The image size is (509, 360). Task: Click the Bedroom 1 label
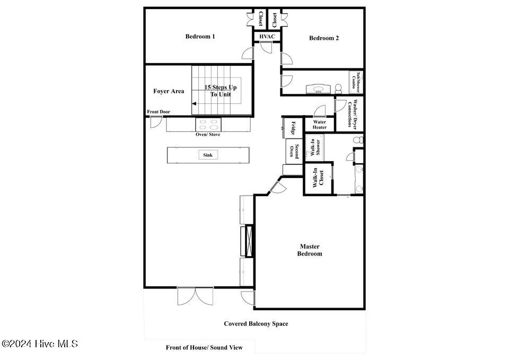click(x=200, y=37)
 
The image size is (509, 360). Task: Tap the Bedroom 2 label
click(x=324, y=38)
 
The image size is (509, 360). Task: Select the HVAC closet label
click(x=267, y=37)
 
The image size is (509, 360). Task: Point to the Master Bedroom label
click(x=310, y=250)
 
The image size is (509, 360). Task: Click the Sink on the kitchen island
click(x=208, y=155)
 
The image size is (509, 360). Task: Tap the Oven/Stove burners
click(x=208, y=125)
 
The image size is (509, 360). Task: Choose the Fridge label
click(x=293, y=128)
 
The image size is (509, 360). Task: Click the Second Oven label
click(x=294, y=151)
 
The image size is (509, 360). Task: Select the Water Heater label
click(x=319, y=125)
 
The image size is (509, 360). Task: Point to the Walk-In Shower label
click(x=315, y=148)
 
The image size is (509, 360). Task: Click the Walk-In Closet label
click(x=318, y=178)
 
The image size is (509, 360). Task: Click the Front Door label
click(x=159, y=112)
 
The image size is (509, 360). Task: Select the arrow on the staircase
click(x=194, y=103)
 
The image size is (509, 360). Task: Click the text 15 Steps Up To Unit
click(x=221, y=91)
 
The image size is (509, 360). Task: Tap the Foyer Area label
click(x=169, y=91)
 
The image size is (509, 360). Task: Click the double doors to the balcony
click(x=196, y=296)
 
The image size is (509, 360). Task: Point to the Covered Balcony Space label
click(x=256, y=323)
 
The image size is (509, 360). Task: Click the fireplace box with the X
click(x=249, y=241)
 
